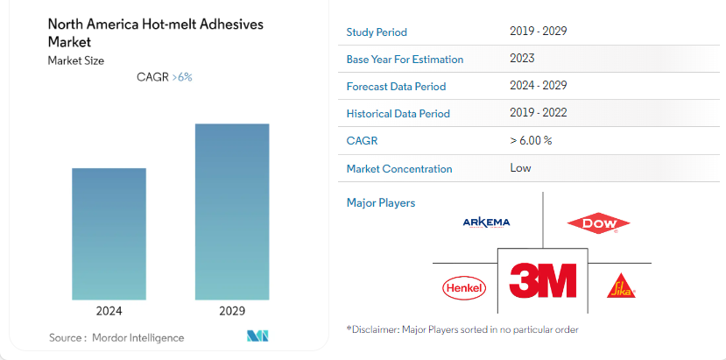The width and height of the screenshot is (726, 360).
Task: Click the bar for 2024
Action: pos(109,234)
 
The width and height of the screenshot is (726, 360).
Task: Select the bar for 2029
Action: pos(232,211)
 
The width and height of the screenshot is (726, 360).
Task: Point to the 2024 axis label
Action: pos(109,311)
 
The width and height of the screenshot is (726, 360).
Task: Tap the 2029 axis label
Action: pos(232,311)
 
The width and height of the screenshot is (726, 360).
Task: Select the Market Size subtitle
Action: pos(76,60)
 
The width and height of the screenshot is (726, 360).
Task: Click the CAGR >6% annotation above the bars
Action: pos(165,77)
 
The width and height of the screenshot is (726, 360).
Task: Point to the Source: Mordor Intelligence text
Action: pos(116,337)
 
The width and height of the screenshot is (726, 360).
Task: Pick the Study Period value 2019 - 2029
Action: pos(538,32)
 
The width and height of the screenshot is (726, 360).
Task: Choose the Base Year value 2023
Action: pos(523,59)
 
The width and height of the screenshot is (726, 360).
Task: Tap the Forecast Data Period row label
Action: pos(396,87)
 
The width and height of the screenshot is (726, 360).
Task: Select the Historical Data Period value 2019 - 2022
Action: pos(538,113)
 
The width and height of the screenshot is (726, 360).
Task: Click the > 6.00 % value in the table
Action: pos(531,140)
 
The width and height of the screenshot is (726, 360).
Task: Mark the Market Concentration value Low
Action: pos(520,167)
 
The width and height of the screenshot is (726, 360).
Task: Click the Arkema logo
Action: pos(486,222)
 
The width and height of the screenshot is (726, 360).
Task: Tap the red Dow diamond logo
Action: pos(599,224)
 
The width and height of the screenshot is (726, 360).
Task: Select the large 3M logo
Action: pos(543,279)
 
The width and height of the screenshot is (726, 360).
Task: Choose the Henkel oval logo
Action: pos(464,286)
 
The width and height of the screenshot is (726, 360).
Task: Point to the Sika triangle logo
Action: pos(620,286)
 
